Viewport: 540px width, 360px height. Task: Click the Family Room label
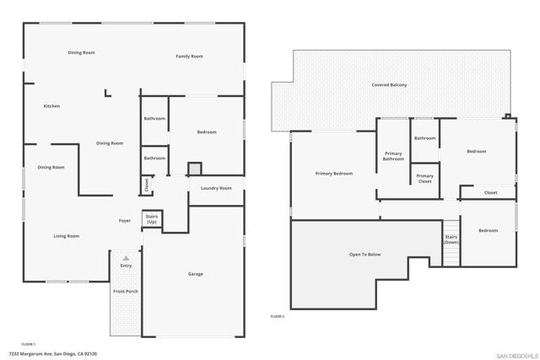[189, 56]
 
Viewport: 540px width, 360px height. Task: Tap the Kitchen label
[51, 106]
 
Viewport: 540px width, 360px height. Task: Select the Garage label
[195, 274]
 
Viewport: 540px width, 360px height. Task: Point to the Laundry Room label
[216, 188]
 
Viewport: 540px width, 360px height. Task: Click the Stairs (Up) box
[152, 218]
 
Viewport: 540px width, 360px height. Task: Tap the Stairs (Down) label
[451, 239]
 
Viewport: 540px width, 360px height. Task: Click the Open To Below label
[365, 254]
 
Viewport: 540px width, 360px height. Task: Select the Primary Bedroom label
[334, 174]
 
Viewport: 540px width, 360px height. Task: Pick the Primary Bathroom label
[393, 156]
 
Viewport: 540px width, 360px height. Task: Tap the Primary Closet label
[424, 179]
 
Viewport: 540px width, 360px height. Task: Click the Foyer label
[124, 220]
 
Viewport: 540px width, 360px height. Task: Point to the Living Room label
[67, 236]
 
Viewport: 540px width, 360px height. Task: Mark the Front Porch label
[126, 292]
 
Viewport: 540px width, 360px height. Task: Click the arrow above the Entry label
[126, 258]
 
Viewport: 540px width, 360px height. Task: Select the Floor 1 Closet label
[146, 185]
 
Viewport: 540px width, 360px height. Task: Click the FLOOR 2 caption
[278, 316]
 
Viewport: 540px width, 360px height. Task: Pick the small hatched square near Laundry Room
[195, 168]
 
